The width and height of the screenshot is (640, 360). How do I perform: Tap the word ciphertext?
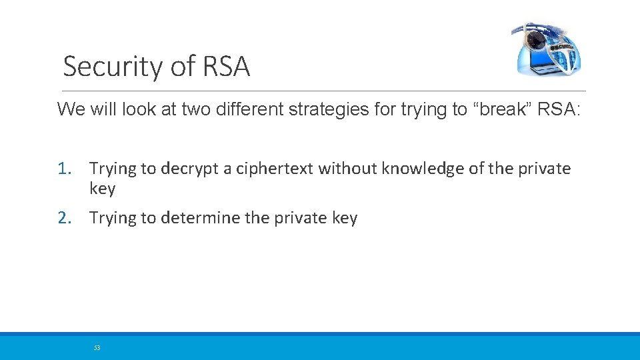[x=275, y=169]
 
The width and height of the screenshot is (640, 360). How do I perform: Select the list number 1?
[x=63, y=169]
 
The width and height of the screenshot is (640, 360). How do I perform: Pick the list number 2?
[x=63, y=218]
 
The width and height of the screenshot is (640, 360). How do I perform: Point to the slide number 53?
[x=97, y=347]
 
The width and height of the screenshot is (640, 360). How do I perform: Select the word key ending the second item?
[x=344, y=218]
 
